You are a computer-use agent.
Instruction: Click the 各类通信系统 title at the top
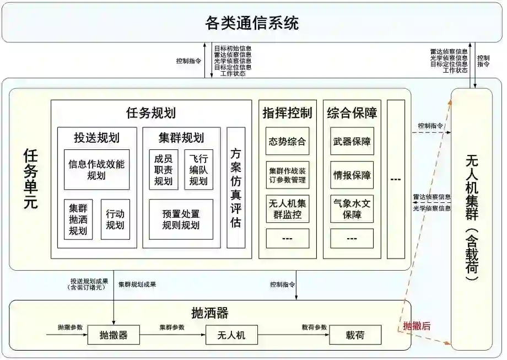pos(252,23)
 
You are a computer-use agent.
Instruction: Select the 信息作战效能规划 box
pos(96,169)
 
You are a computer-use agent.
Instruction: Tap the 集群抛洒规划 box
pos(78,219)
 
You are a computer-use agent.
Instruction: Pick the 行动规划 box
pos(115,219)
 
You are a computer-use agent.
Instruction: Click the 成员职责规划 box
pos(163,169)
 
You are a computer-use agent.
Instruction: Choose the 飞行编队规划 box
pos(198,169)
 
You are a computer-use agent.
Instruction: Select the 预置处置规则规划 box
pos(181,219)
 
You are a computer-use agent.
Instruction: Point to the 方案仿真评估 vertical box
pos(236,187)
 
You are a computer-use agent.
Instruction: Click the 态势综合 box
pos(287,141)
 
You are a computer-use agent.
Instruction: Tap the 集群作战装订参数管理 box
pos(287,175)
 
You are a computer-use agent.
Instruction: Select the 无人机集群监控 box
pos(287,209)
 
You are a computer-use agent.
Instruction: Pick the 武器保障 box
pos(352,141)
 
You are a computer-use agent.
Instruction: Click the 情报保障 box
pos(352,175)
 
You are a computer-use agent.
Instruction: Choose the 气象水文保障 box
pos(352,209)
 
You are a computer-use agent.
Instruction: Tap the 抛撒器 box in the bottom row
pos(114,335)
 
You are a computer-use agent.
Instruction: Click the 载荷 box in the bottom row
pos(355,335)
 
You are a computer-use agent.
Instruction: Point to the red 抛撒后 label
pos(417,326)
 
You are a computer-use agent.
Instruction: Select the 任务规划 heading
pos(151,113)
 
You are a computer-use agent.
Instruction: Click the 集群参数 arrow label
pos(172,327)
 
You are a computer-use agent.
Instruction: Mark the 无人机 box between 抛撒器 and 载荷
pos(232,335)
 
